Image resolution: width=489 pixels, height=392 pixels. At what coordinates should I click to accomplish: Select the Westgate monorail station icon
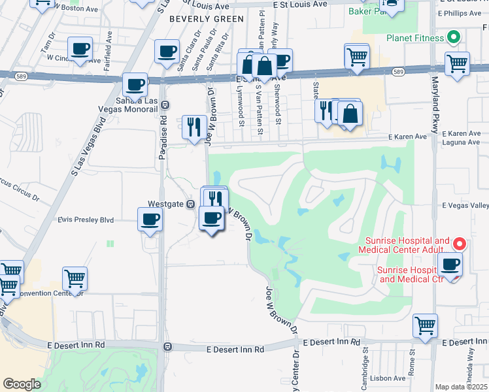(190, 204)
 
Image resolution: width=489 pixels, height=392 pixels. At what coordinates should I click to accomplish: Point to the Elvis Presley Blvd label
(86, 220)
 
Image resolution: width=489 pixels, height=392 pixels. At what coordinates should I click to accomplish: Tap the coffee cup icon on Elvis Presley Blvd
(150, 220)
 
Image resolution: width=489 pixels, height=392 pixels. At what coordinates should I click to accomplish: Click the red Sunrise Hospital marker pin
(460, 244)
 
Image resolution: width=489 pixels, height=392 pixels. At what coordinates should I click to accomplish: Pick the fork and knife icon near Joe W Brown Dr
(194, 127)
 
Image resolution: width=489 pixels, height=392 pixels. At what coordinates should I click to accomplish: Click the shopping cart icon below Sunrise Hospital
(426, 325)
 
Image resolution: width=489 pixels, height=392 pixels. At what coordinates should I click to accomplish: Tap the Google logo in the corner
(22, 384)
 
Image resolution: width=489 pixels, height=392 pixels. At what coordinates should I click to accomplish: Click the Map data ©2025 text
(461, 387)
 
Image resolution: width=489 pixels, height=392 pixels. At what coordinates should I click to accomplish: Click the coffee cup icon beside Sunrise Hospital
(450, 265)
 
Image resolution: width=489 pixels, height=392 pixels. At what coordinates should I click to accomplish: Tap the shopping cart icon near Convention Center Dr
(75, 278)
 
